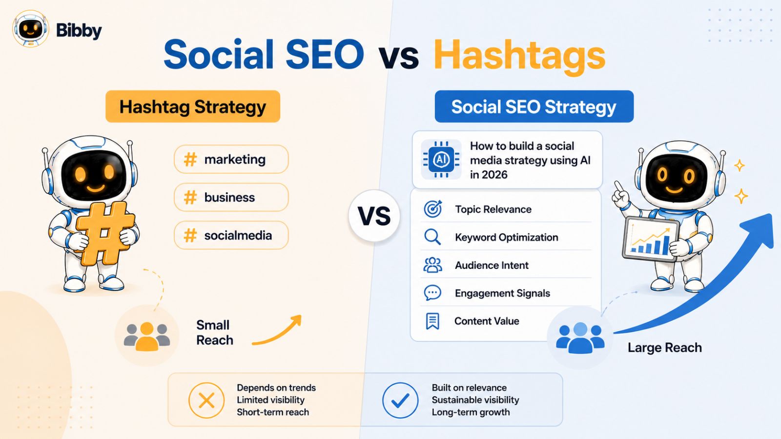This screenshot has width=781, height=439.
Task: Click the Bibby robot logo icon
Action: pyautogui.click(x=30, y=29)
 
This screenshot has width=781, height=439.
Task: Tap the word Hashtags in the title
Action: pyautogui.click(x=519, y=56)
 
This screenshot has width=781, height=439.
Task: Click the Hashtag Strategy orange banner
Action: pyautogui.click(x=193, y=106)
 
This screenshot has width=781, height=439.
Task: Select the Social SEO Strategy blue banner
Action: pyautogui.click(x=534, y=106)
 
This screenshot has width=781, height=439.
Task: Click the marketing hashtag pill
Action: pyautogui.click(x=231, y=159)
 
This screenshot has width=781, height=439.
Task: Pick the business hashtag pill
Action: pyautogui.click(x=231, y=197)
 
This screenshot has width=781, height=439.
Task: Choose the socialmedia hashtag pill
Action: pyautogui.click(x=231, y=235)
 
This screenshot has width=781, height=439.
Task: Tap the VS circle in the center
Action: pyautogui.click(x=374, y=216)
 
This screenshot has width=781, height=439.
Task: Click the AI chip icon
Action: pyautogui.click(x=441, y=160)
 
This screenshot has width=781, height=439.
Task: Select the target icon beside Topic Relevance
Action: pyautogui.click(x=432, y=209)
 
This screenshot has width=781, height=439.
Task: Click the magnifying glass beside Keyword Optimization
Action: pyautogui.click(x=432, y=237)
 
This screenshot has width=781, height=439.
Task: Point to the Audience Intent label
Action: pyautogui.click(x=492, y=265)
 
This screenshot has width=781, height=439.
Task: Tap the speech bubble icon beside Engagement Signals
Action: pyautogui.click(x=432, y=293)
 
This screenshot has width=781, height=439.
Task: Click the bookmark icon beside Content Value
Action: pyautogui.click(x=432, y=321)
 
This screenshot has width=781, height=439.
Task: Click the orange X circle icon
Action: pyautogui.click(x=206, y=400)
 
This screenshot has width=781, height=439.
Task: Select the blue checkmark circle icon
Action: pyautogui.click(x=400, y=400)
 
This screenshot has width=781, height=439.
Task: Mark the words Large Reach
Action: pyautogui.click(x=664, y=347)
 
